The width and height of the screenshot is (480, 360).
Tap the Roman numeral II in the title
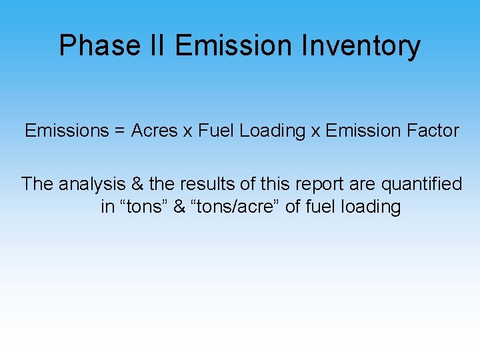pos(160,46)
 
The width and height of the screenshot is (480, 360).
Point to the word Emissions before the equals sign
pos(64,131)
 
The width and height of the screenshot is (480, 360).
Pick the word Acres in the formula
pos(154,131)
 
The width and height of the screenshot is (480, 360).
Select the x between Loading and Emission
pos(315,131)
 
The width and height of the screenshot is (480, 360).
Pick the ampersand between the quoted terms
pos(179,207)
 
